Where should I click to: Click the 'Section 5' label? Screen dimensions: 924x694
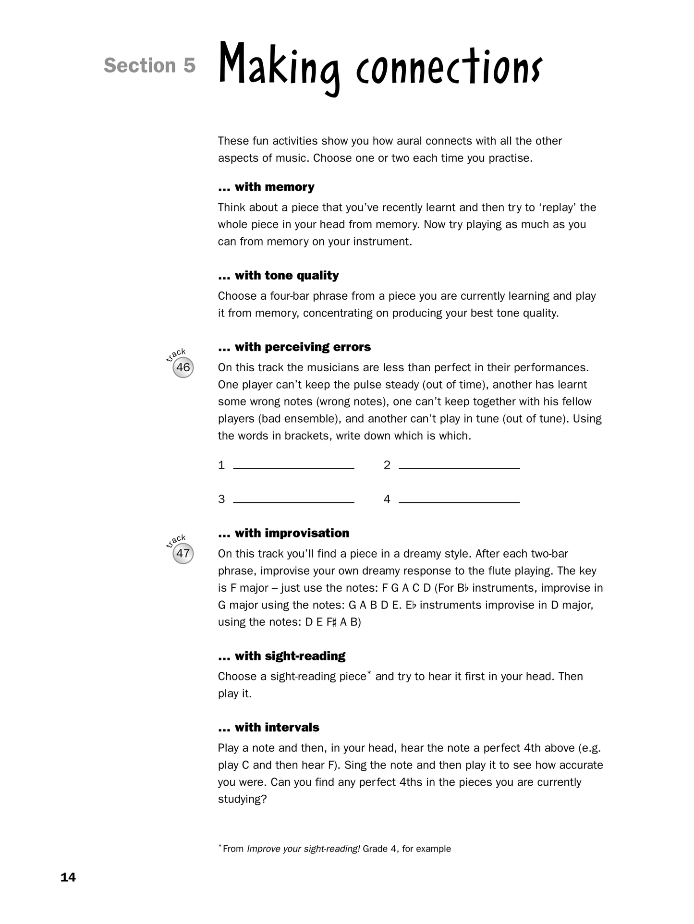pos(149,66)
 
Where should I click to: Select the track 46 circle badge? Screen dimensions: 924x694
pos(183,368)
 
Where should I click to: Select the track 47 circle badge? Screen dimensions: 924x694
pos(183,553)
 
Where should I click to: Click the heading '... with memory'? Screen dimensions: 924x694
pos(266,187)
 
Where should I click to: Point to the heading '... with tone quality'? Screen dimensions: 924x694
pos(278,275)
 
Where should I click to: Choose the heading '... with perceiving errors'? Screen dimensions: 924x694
pos(294,347)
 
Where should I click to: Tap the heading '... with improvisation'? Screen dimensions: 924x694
pos(283,533)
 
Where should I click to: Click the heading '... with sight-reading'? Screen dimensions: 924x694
pos(281,656)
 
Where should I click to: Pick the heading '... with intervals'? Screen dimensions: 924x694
pos(268,727)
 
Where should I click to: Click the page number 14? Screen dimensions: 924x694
pos(68,877)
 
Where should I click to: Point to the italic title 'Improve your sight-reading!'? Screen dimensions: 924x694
pos(303,849)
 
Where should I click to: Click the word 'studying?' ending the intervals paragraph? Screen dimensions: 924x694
pos(242,799)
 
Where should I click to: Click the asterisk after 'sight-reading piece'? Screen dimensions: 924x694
pos(369,673)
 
